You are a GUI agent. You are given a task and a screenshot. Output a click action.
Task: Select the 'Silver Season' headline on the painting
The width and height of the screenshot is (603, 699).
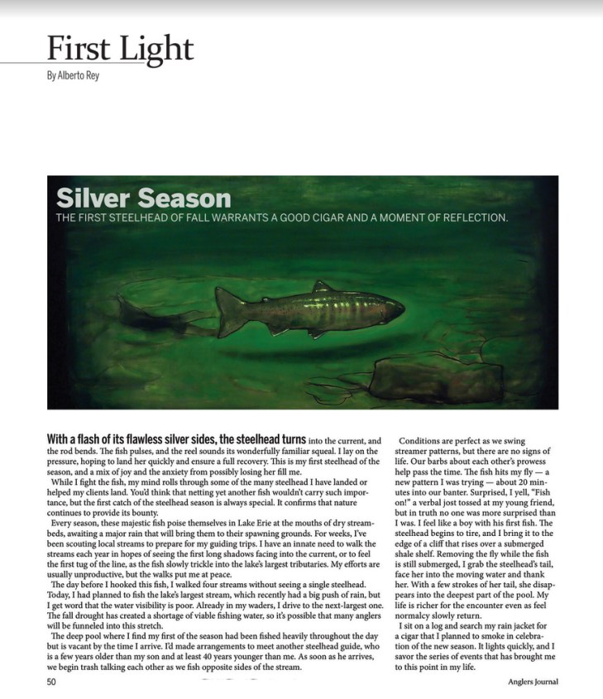(143, 199)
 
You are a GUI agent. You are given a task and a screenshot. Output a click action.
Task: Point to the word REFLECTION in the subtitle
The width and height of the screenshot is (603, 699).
(467, 219)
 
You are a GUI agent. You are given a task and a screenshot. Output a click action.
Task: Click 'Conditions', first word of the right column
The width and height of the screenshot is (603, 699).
(427, 441)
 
